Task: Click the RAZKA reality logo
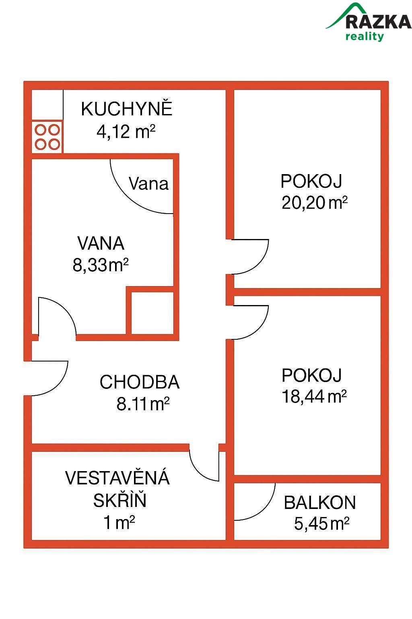[369, 22]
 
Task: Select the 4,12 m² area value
[126, 131]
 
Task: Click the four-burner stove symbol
[47, 137]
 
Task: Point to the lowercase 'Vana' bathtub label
[148, 183]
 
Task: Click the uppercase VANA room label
[101, 243]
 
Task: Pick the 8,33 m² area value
[101, 265]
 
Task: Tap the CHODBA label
[140, 382]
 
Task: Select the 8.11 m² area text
[143, 404]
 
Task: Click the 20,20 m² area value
[314, 203]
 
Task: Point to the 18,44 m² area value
[314, 397]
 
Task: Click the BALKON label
[320, 503]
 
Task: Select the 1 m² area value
[119, 523]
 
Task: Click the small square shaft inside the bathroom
[152, 313]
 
